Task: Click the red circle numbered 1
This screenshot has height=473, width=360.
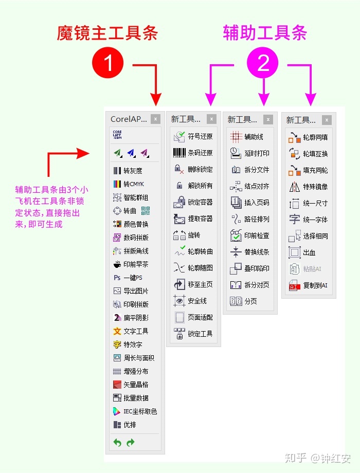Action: point(108,64)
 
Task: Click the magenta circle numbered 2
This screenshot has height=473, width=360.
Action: point(263,64)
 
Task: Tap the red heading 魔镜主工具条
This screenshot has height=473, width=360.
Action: point(107,33)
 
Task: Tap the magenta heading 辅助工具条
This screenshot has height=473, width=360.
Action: point(265,33)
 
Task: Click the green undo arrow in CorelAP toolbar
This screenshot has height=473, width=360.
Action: point(117,443)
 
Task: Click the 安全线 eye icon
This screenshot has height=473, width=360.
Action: point(179,301)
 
